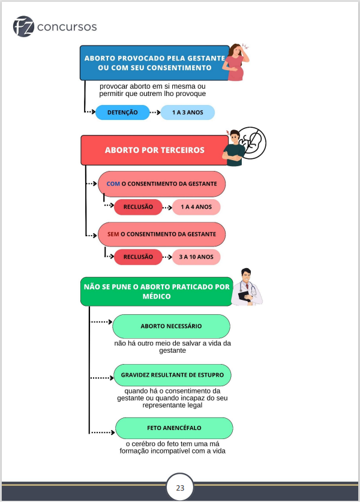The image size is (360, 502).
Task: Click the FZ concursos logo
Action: pos(55,26)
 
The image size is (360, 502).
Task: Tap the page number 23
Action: pos(180,488)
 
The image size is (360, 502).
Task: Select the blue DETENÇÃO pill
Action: pos(122,112)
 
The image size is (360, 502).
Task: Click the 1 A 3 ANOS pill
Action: pos(187,112)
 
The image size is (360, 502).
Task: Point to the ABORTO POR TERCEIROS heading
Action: pos(155,150)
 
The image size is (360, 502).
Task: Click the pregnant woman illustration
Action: pos(236,62)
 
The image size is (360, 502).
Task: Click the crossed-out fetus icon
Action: pos(252,143)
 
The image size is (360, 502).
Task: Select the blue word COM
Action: pos(113,184)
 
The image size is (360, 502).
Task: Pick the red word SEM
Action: pos(113,234)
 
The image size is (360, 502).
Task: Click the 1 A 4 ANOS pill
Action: pos(196,207)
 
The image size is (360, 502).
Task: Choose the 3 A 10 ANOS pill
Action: pos(196,257)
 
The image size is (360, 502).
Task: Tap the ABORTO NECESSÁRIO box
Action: pos(171,326)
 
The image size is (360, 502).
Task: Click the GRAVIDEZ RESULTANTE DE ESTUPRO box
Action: pos(172,375)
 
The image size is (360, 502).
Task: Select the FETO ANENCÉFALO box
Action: pos(174,428)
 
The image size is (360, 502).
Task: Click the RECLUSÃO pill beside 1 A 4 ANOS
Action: pos(138,207)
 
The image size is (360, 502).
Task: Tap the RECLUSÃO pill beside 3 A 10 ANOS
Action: pos(138,257)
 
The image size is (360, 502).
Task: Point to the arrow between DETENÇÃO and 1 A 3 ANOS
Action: pos(155,112)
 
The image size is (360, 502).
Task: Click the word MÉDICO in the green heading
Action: pos(157,296)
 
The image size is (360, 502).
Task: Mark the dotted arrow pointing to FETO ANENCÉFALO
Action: pos(102,432)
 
